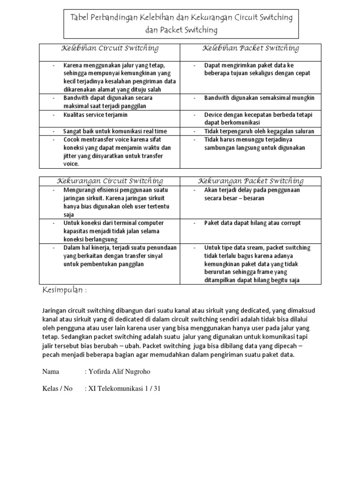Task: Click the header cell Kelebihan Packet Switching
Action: [x=251, y=48]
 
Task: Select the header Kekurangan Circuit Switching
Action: [x=110, y=181]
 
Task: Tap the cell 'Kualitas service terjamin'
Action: [x=96, y=114]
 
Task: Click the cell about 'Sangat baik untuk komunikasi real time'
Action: [x=115, y=131]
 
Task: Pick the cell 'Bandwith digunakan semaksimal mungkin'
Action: [x=259, y=98]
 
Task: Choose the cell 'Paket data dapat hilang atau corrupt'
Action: [x=252, y=223]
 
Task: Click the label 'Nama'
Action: [x=51, y=372]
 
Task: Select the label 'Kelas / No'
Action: [x=58, y=389]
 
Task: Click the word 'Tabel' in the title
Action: [x=80, y=18]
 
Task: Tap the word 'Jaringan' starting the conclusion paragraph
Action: [x=55, y=310]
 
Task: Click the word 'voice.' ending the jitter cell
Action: [x=71, y=164]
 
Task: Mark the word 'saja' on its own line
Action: [x=69, y=214]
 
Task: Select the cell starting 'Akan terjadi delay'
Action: [x=252, y=194]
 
